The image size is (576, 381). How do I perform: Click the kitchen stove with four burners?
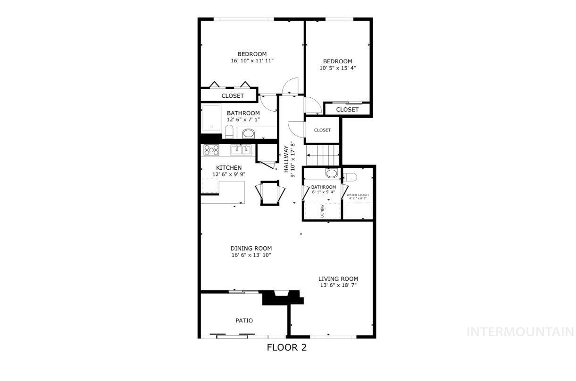pyautogui.click(x=211, y=150)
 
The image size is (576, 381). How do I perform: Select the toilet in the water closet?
pyautogui.click(x=350, y=177)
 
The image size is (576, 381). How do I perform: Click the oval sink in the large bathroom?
pyautogui.click(x=249, y=134)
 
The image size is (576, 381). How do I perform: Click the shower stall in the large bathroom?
pyautogui.click(x=212, y=119)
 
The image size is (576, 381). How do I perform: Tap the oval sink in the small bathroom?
pyautogui.click(x=332, y=173)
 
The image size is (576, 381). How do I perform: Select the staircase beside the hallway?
pyautogui.click(x=323, y=154)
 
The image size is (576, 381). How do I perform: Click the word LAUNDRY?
pyautogui.click(x=323, y=211)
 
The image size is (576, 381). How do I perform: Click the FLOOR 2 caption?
pyautogui.click(x=287, y=348)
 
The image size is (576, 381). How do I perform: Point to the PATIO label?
pyautogui.click(x=244, y=320)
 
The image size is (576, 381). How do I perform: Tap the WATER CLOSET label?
pyautogui.click(x=358, y=195)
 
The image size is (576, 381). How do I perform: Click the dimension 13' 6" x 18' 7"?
pyautogui.click(x=338, y=286)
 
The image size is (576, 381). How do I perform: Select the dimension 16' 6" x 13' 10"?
pyautogui.click(x=251, y=255)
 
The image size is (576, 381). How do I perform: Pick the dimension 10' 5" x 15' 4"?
pyautogui.click(x=337, y=68)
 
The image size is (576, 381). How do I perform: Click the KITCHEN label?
pyautogui.click(x=229, y=168)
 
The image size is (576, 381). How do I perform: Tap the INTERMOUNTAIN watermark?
pyautogui.click(x=520, y=332)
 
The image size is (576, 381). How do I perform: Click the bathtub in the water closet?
pyautogui.click(x=358, y=210)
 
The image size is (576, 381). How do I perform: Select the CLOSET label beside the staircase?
pyautogui.click(x=322, y=130)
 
